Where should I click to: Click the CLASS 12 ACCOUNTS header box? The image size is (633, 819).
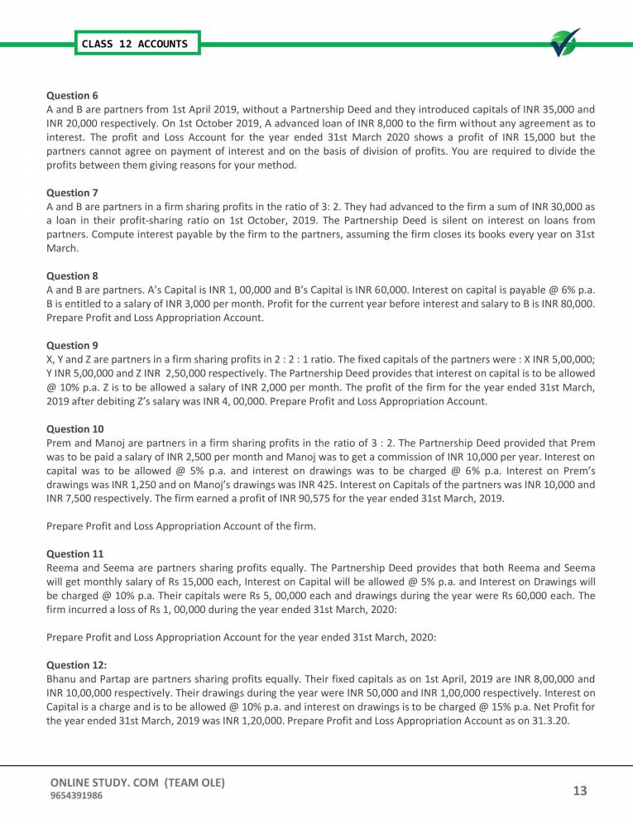pyautogui.click(x=135, y=43)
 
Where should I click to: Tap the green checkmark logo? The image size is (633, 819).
pyautogui.click(x=565, y=43)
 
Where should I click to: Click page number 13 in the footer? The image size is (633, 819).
pyautogui.click(x=578, y=791)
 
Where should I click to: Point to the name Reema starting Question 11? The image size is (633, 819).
pyautogui.click(x=64, y=568)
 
